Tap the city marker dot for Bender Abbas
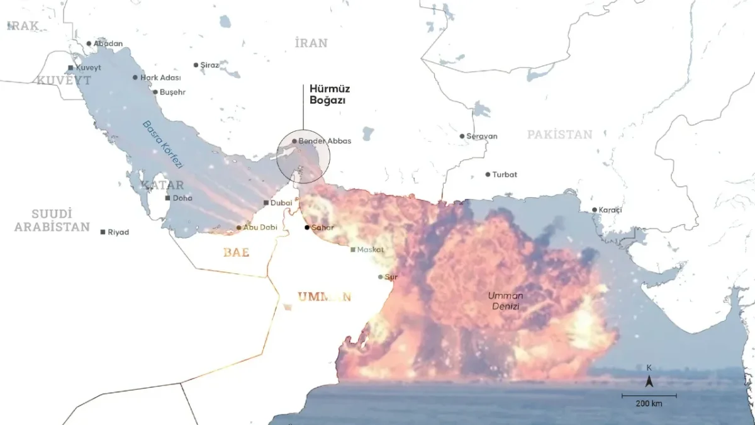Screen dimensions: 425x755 pyautogui.click(x=294, y=141)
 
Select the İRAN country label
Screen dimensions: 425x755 pyautogui.click(x=311, y=43)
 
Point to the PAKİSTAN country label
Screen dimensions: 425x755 pyautogui.click(x=559, y=134)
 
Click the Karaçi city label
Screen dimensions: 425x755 pyautogui.click(x=610, y=210)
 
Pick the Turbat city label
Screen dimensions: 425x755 pyautogui.click(x=505, y=174)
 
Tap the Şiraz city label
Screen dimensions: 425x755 pyautogui.click(x=210, y=65)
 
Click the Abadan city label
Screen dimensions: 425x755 pyautogui.click(x=108, y=43)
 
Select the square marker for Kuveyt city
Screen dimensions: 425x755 pyautogui.click(x=70, y=67)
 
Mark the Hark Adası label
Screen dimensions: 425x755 pyautogui.click(x=160, y=77)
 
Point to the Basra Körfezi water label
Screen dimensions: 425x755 pyautogui.click(x=162, y=144)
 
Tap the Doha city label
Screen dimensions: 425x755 pyautogui.click(x=182, y=198)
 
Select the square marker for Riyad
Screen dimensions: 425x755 pyautogui.click(x=103, y=232)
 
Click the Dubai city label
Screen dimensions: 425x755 pyautogui.click(x=281, y=203)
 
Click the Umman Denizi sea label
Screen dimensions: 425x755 pyautogui.click(x=506, y=300)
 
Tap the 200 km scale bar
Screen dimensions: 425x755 pyautogui.click(x=649, y=397)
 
